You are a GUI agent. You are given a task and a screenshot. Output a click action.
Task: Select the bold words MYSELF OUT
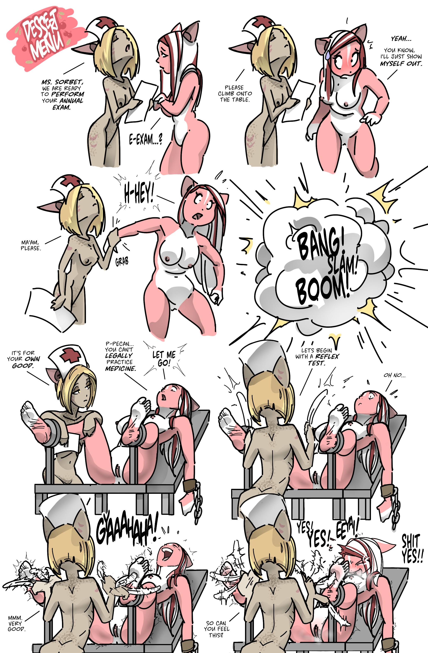pos(401,64)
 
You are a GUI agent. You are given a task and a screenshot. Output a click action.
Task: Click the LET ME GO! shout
pos(164,359)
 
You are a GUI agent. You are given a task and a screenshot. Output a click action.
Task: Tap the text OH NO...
pos(394,375)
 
